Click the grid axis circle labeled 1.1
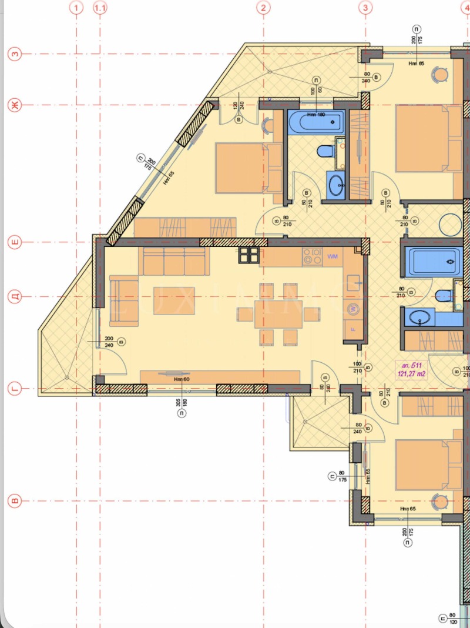click(100, 8)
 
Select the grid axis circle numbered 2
click(264, 8)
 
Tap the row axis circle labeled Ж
click(15, 105)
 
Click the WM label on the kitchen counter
click(333, 256)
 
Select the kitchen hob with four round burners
click(311, 256)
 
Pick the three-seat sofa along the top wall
click(173, 260)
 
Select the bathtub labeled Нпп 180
click(316, 122)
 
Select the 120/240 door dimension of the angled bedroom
click(239, 108)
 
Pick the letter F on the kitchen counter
click(353, 328)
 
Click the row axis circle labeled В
click(15, 502)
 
